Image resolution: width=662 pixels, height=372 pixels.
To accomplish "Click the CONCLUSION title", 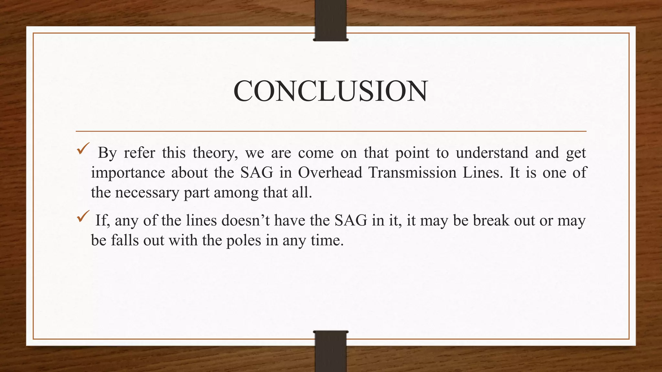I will coord(330,91).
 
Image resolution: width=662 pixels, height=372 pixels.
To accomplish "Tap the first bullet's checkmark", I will coord(83,149).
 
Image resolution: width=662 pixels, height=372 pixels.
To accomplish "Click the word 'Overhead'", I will coord(330,173).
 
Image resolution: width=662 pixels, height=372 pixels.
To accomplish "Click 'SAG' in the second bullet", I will coord(351,221).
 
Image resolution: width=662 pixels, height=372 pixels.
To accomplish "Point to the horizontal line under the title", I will coord(331,131).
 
